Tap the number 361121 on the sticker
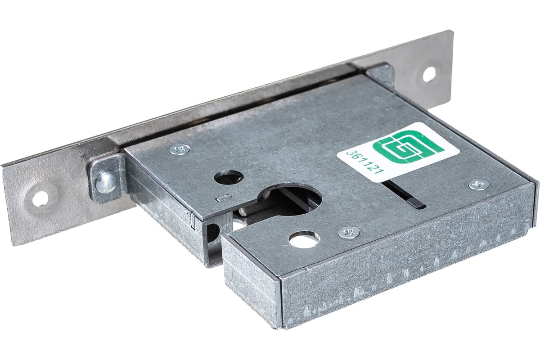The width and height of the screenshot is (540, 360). click(x=364, y=164)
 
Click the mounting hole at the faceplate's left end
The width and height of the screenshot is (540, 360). click(x=40, y=199)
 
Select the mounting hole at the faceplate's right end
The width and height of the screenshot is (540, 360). click(x=429, y=74)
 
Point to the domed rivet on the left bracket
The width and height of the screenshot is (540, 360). click(x=106, y=182)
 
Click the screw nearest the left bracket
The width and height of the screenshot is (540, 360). click(x=180, y=149)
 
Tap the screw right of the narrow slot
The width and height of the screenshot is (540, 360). click(x=478, y=185)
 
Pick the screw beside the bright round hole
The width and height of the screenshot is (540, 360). click(x=349, y=233)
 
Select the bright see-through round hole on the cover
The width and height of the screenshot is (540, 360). click(x=305, y=239)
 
